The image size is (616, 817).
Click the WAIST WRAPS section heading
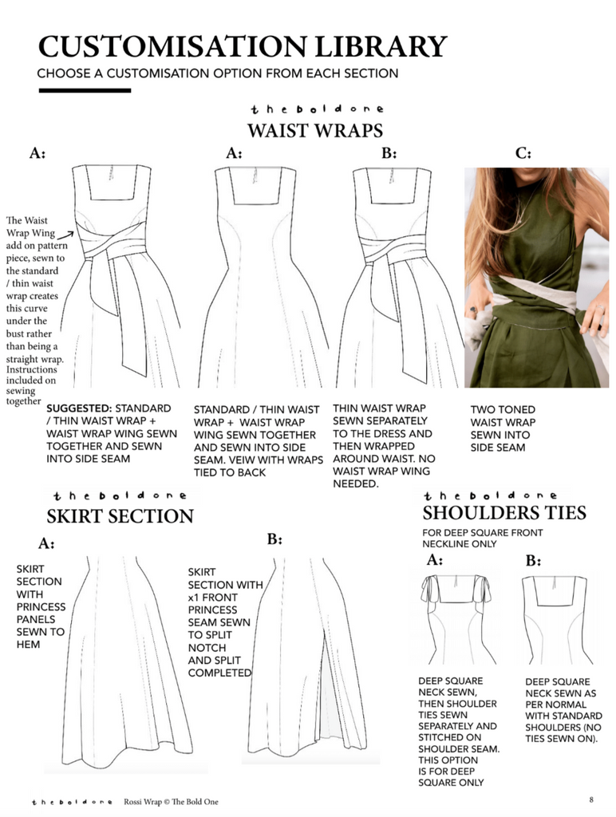tap(314, 130)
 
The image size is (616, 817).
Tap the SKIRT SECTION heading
tap(120, 515)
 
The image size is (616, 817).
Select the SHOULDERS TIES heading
tap(503, 512)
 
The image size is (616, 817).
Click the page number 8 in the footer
tap(591, 799)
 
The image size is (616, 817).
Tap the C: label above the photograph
tap(523, 153)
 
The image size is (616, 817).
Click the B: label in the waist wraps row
tap(389, 153)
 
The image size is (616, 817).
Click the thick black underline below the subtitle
tap(84, 90)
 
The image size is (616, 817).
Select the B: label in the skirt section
tap(274, 540)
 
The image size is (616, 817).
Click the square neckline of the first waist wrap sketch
tap(111, 185)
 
